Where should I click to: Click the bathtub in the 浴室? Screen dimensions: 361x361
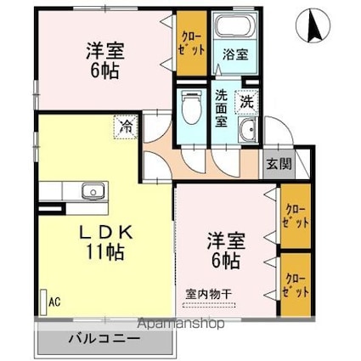coord(235,25)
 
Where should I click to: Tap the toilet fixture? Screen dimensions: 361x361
coord(192,107)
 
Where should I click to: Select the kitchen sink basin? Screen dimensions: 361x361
coord(93,191)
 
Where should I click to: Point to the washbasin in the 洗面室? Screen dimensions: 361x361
coord(247,129)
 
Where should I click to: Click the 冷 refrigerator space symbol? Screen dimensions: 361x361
coord(126,127)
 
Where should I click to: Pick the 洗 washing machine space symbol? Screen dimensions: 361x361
coord(246,102)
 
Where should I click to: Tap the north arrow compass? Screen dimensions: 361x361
coord(313,25)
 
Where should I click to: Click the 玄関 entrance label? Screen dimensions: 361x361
coord(279,164)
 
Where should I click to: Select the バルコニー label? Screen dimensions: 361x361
coord(104,338)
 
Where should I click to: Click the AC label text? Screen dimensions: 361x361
coord(54,302)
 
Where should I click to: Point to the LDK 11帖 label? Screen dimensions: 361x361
coord(106,242)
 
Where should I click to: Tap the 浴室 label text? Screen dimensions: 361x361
coord(235,54)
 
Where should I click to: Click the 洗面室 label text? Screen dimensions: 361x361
coord(221,109)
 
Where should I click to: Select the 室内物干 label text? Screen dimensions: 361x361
coord(209,295)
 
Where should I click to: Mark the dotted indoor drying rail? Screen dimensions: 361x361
coord(209,305)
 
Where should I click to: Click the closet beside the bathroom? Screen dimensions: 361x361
coord(192,43)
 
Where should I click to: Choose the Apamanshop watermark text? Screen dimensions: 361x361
coord(181,324)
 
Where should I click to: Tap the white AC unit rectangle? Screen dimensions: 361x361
coord(43,302)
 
